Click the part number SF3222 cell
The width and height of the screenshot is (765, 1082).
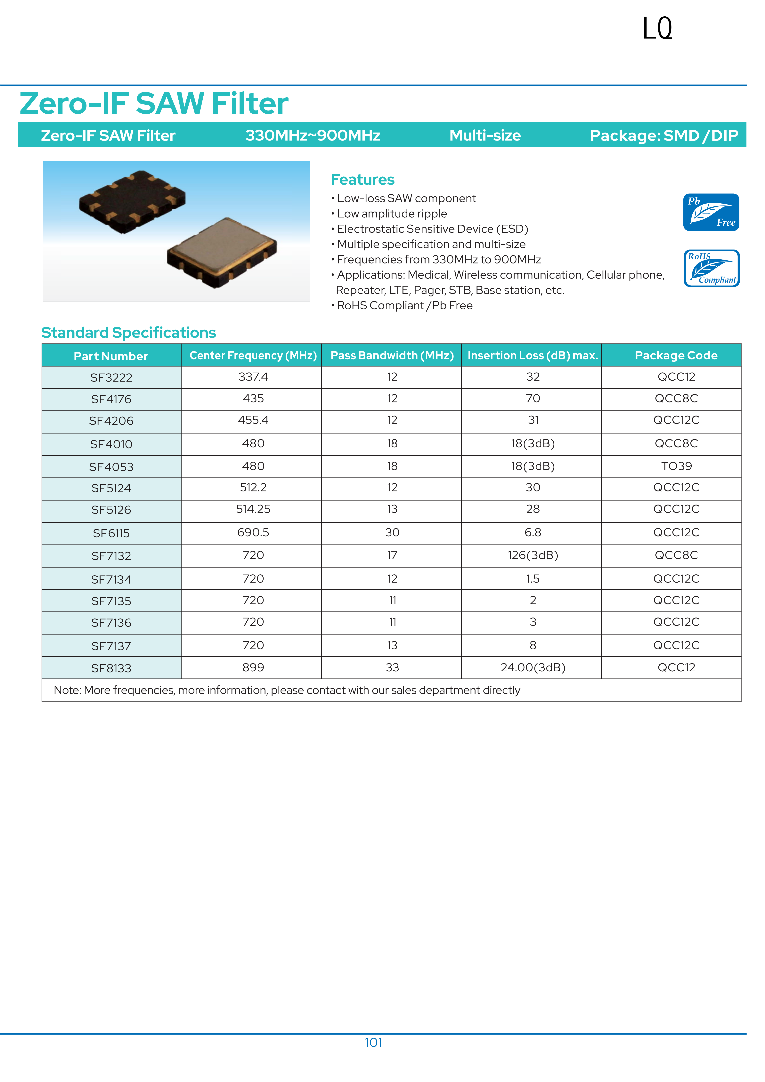pyautogui.click(x=111, y=377)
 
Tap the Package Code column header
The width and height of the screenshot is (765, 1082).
pyautogui.click(x=676, y=355)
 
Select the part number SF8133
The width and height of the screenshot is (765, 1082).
pyautogui.click(x=111, y=668)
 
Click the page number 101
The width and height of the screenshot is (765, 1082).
pyautogui.click(x=373, y=1042)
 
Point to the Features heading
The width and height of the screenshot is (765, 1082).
pyautogui.click(x=362, y=180)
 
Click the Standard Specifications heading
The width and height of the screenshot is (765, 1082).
pyautogui.click(x=129, y=333)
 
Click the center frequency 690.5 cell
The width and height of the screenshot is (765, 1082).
pyautogui.click(x=253, y=533)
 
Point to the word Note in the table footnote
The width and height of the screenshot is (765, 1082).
pyautogui.click(x=67, y=690)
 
